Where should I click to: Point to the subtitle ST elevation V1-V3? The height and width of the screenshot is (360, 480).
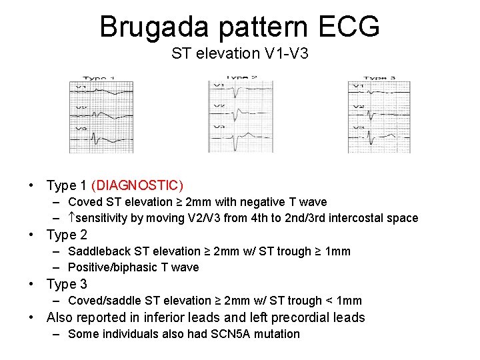pyautogui.click(x=239, y=53)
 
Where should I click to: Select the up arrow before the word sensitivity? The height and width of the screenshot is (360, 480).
pyautogui.click(x=72, y=218)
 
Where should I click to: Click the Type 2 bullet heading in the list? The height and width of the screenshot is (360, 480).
pyautogui.click(x=67, y=235)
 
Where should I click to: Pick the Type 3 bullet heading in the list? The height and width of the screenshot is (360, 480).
pyautogui.click(x=67, y=284)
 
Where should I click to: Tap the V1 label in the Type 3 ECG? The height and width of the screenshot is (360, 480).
pyautogui.click(x=357, y=86)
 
